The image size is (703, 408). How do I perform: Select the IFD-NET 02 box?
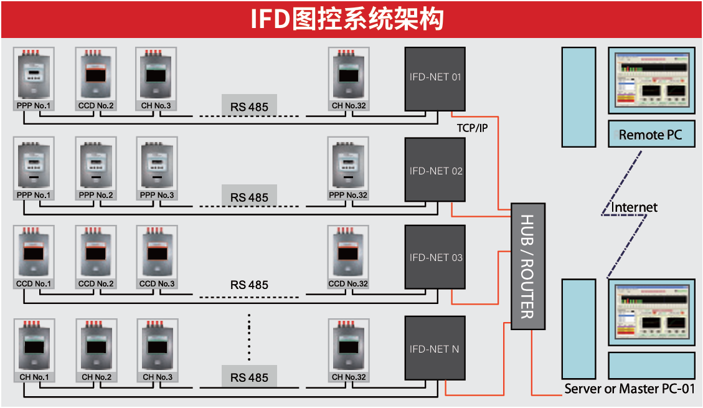(x=435, y=170)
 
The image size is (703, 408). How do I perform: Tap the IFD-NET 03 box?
(x=435, y=257)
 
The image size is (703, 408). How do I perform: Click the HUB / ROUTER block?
(x=527, y=266)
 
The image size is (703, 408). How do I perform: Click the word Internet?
(x=634, y=207)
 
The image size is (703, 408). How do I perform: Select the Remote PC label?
(x=651, y=135)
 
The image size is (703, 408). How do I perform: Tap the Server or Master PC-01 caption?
(x=630, y=389)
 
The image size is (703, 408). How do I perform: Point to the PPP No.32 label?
(x=348, y=196)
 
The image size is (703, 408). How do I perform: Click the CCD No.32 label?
(x=348, y=284)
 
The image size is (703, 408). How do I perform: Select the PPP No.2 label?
(x=96, y=196)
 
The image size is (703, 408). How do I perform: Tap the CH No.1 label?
(x=34, y=377)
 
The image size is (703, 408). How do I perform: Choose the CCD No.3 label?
(x=157, y=284)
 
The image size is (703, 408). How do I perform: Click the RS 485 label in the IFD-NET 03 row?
(x=249, y=285)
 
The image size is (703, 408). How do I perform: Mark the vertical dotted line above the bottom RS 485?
(x=249, y=337)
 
